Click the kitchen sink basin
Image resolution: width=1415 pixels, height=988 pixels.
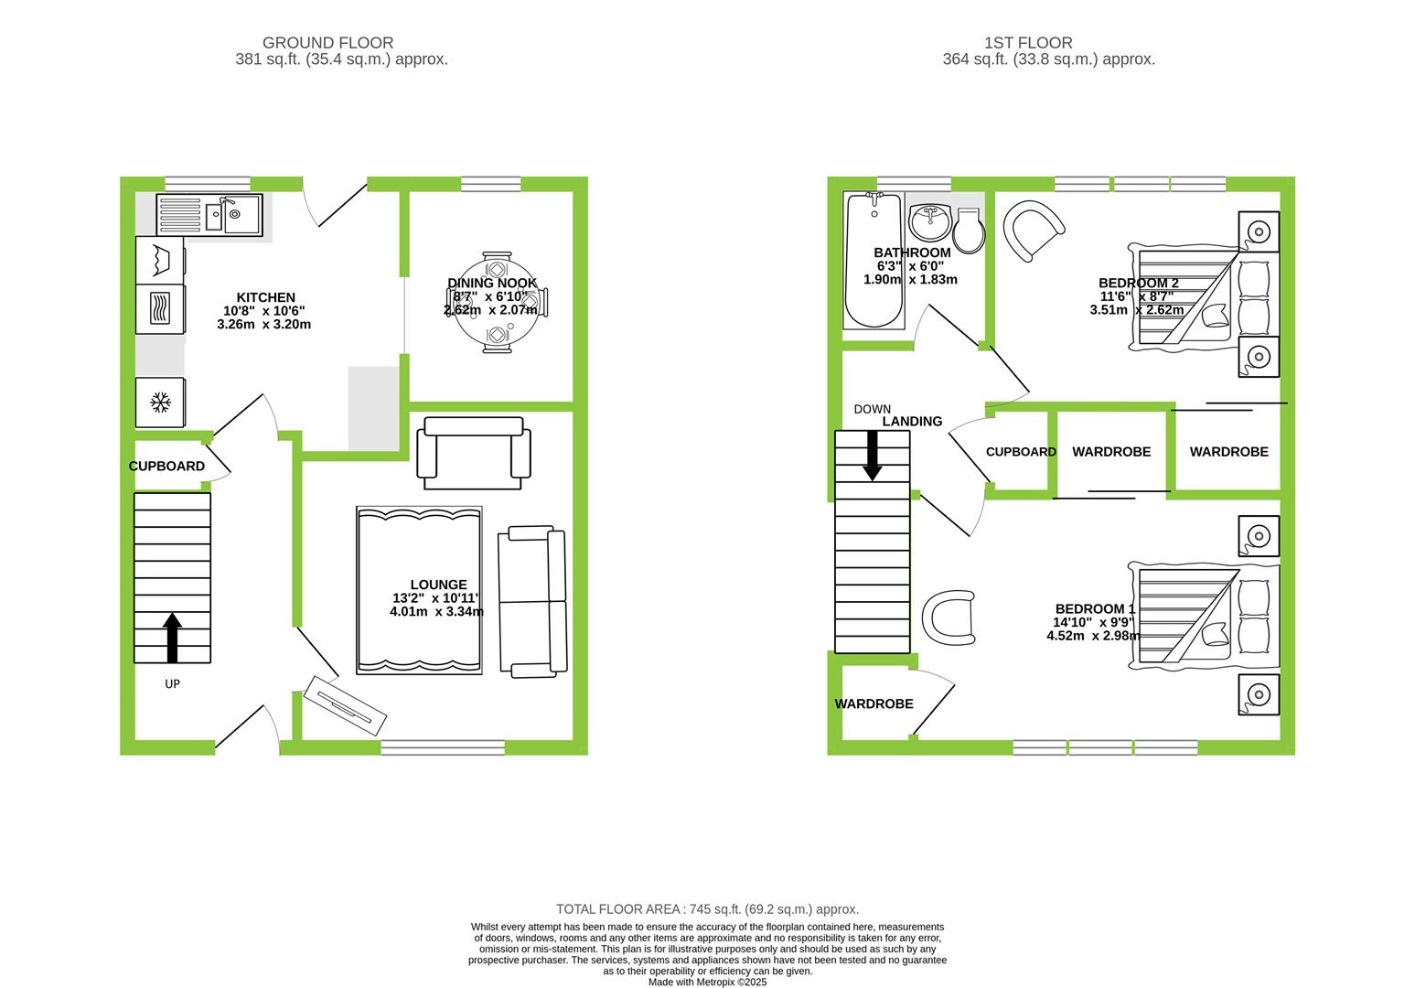pos(241,215)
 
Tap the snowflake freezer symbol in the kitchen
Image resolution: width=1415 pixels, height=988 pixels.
pos(160,402)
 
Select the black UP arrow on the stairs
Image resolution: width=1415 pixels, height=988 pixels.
pos(173,637)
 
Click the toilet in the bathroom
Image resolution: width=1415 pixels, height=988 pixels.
pos(968,231)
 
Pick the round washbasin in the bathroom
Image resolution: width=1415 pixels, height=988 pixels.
pos(930,221)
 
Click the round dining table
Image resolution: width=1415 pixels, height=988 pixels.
pos(498,303)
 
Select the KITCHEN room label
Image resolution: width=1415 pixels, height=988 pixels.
pos(266,297)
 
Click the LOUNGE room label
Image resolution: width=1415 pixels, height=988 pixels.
pos(438,585)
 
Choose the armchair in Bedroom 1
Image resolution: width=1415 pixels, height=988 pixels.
pos(949,617)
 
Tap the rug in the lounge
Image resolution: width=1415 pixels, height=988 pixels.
pos(420,590)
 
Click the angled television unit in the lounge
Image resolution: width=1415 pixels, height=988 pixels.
pos(345,706)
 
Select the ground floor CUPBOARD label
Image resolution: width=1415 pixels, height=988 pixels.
pos(166,467)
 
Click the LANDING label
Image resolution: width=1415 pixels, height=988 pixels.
pos(912,422)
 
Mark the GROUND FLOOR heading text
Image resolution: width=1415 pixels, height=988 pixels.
pos(327,43)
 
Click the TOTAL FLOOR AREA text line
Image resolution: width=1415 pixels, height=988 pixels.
pos(708,909)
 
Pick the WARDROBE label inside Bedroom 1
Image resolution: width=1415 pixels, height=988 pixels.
pos(874,703)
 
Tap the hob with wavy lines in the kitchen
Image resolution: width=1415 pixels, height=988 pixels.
pos(160,309)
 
